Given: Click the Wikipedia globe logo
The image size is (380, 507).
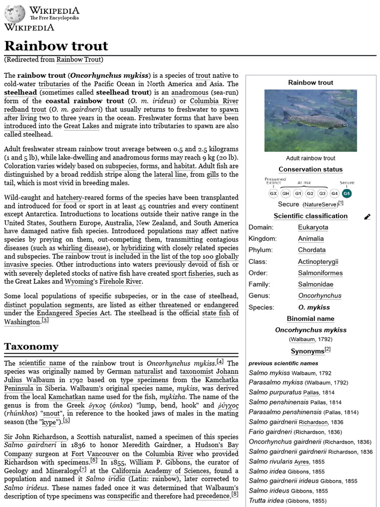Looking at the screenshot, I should point(14,13).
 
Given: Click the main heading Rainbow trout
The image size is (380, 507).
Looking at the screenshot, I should point(56,46).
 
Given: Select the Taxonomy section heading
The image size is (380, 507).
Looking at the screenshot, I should point(31,346).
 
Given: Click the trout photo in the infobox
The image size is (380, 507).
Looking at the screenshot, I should point(310,120).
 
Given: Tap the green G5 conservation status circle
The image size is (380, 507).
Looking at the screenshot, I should point(347,193).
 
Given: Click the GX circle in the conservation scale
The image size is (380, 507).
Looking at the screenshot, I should point(273,193).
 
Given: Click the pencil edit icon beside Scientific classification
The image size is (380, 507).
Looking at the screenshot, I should point(367,216).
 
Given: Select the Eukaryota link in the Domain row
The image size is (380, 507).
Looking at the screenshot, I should point(313,227).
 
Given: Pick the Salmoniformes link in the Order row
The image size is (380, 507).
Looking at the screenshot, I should point(320,273).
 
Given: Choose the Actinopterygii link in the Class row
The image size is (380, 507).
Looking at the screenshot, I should point(318,261).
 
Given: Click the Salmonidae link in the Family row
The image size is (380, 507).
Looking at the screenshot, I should point(315,284).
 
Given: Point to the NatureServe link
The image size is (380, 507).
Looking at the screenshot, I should point(321,204).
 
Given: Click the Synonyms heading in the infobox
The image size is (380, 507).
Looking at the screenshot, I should point(307,351).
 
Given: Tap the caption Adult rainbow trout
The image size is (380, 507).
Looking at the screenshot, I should point(310,158).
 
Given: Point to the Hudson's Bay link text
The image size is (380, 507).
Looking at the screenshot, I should point(218,445).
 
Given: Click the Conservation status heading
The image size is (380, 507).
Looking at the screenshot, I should point(310,169).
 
